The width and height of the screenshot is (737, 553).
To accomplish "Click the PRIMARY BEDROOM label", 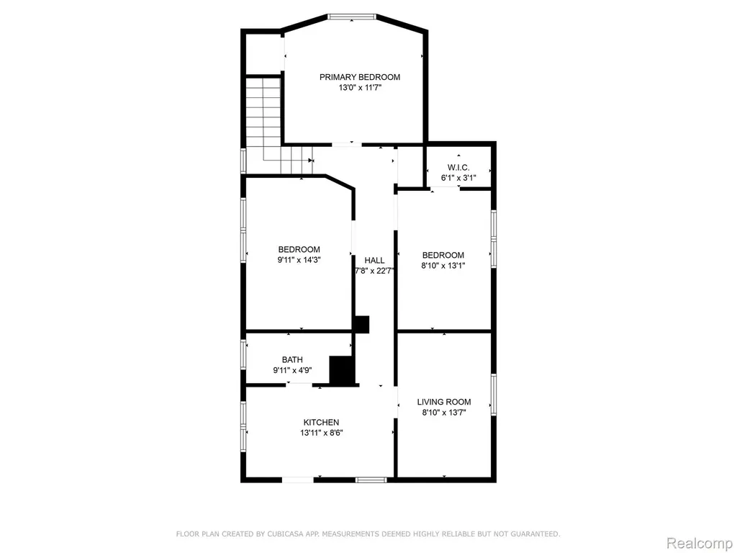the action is click(360, 77).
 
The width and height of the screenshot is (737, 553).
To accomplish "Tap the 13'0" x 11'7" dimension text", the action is click(360, 88).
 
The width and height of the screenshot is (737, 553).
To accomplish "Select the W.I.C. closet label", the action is click(458, 167).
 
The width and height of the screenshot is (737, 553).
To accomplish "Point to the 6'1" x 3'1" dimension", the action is click(458, 178).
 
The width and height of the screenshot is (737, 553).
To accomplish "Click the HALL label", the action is click(374, 260).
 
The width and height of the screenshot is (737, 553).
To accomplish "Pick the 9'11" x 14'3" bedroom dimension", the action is click(299, 259).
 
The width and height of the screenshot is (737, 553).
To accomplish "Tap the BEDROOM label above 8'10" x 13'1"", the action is click(443, 255).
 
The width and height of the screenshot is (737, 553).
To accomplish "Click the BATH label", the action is click(292, 360).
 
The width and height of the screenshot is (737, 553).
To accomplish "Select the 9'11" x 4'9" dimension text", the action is click(292, 370).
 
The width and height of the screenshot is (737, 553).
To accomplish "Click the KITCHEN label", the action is click(321, 422).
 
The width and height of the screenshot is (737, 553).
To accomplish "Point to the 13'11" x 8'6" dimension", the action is click(322, 433).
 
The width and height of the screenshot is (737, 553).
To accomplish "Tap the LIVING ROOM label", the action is click(444, 402).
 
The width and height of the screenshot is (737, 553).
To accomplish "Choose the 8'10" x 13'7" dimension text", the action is click(444, 413).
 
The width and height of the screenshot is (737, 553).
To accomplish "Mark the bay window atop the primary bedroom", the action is click(352, 17).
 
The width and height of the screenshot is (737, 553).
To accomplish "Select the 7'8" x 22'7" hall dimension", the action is click(374, 271).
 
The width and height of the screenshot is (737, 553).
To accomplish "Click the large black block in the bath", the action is click(342, 371).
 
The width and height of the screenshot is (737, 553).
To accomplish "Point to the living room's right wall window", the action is click(494, 395).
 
